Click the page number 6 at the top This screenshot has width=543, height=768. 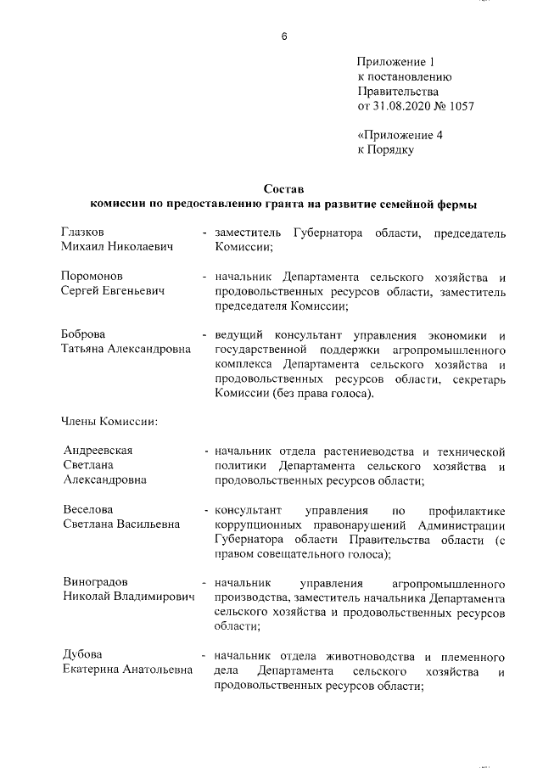pyautogui.click(x=283, y=36)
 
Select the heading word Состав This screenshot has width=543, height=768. pyautogui.click(x=283, y=188)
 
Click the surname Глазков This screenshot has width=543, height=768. pyautogui.click(x=83, y=232)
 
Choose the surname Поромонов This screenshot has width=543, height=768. pyautogui.click(x=92, y=277)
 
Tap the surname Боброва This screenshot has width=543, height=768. pyautogui.click(x=83, y=335)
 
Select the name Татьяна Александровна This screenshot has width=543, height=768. pyautogui.click(x=126, y=350)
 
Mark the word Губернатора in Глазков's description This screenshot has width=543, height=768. pyautogui.click(x=324, y=233)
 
